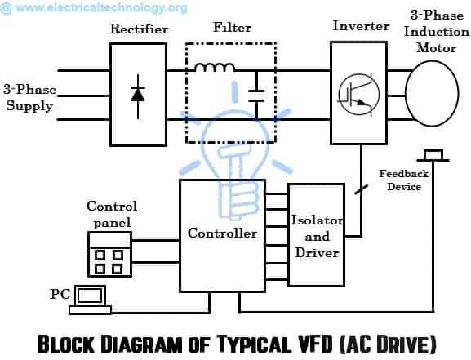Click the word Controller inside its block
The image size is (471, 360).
pyautogui.click(x=223, y=233)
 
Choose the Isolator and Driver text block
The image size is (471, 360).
pyautogui.click(x=318, y=236)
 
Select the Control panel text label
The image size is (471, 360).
pyautogui.click(x=112, y=213)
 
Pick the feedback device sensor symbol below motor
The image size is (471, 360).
pyautogui.click(x=433, y=153)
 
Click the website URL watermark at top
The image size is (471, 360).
pyautogui.click(x=94, y=8)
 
